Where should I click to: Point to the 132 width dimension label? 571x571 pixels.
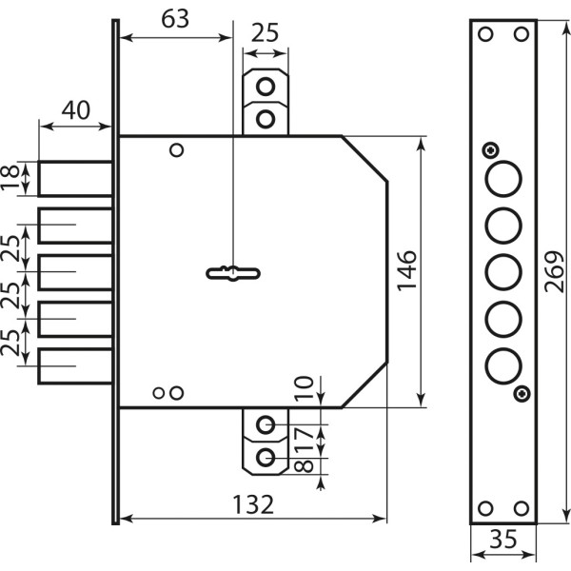point(252,504)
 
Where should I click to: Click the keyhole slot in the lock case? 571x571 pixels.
point(231,274)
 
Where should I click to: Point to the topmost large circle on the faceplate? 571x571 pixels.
point(502,179)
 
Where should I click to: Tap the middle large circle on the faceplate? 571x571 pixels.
point(502,271)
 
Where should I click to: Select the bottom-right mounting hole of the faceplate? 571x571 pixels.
point(520,508)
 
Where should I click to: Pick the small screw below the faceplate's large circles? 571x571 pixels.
point(520,393)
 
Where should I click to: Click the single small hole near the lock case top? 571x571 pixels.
point(175,150)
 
